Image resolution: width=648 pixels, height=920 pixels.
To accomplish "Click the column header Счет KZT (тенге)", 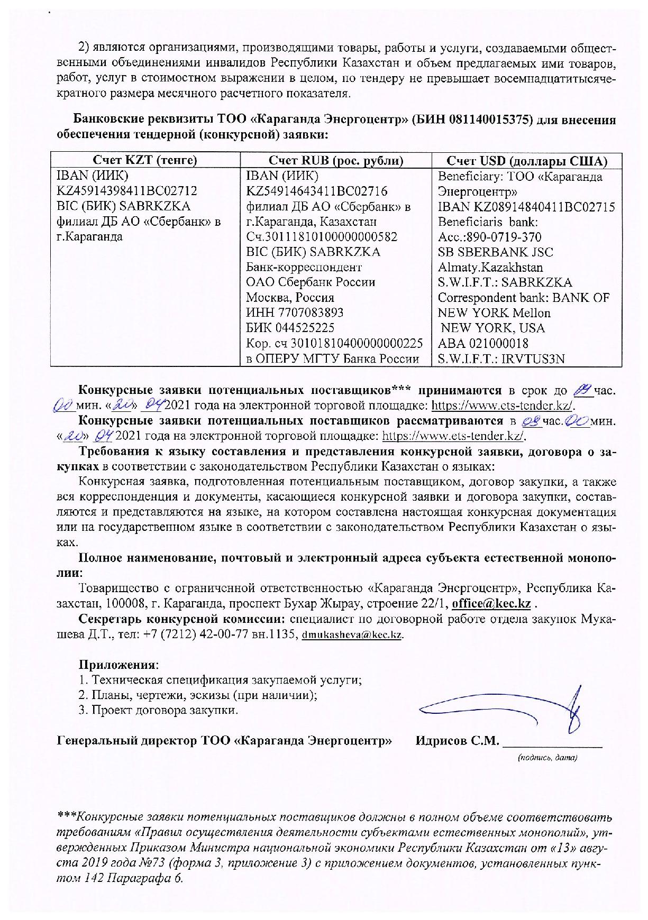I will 145,161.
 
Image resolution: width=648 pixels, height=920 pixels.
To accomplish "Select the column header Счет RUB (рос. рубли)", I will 336,161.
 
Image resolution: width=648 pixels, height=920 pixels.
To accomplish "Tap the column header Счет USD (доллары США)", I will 527,161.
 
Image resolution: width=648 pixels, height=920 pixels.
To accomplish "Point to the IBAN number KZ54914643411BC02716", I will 317,191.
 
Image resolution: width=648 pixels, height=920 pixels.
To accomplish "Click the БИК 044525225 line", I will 290,328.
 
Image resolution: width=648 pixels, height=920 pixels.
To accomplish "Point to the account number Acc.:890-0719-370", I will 489,237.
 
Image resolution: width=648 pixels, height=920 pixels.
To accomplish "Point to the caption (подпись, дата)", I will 546,758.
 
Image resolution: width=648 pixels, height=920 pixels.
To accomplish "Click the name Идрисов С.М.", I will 457,741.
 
